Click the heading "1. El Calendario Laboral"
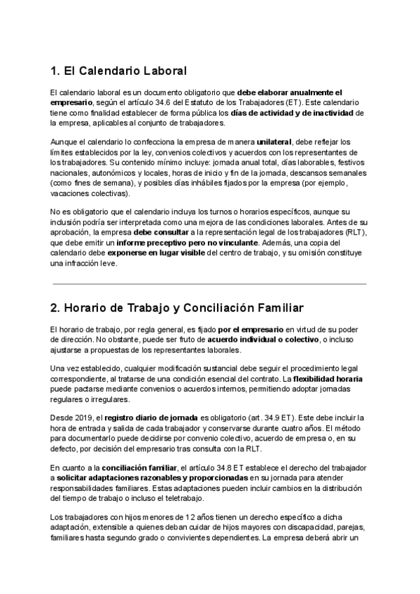(x=118, y=71)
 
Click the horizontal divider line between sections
(x=209, y=284)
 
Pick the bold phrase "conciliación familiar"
(x=117, y=467)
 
